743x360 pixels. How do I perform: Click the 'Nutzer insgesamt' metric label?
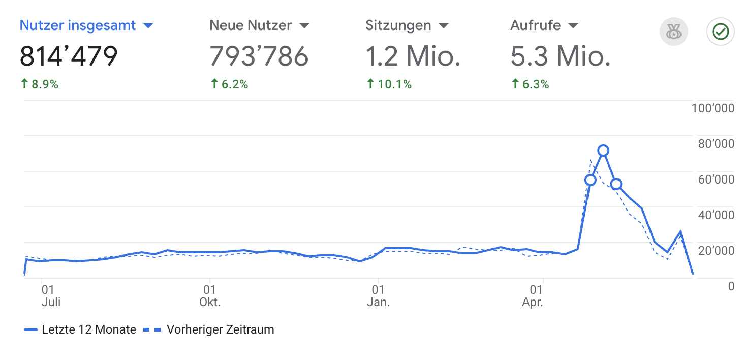[78, 25]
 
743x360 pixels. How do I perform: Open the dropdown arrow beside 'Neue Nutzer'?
[304, 26]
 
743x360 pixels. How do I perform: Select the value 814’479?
[69, 56]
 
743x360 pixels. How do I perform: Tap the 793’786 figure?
[259, 56]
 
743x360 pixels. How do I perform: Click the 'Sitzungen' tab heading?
[398, 25]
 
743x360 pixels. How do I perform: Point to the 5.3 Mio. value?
[560, 56]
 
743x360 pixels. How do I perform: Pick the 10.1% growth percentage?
[389, 84]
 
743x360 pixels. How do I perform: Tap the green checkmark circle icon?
[721, 33]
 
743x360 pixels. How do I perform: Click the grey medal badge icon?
[673, 33]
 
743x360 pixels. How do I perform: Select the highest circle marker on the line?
[603, 151]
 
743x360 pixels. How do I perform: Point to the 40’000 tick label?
[717, 215]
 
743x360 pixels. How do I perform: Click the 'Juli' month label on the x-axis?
[51, 303]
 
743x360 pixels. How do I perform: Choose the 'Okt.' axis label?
[209, 303]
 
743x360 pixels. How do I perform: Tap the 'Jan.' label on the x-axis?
[378, 303]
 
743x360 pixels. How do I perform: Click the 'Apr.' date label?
[533, 303]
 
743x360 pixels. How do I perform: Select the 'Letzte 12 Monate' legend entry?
[80, 329]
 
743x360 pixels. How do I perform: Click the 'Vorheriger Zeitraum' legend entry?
[213, 329]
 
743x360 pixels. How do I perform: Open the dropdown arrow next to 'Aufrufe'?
[573, 26]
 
